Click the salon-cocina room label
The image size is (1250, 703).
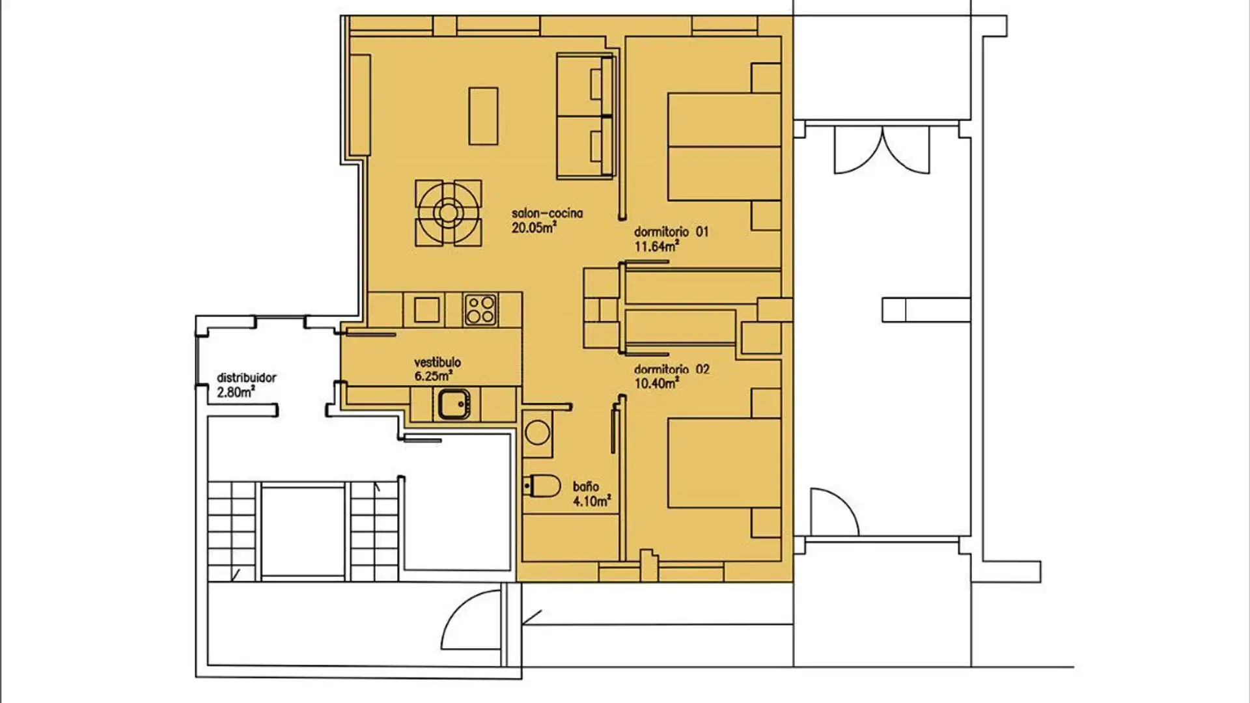click(x=547, y=214)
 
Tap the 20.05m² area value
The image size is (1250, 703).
click(x=533, y=228)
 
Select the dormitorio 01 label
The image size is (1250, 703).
click(x=671, y=232)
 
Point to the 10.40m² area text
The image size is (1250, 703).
click(x=656, y=383)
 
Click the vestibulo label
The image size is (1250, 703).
click(x=437, y=363)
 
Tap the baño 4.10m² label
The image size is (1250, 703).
click(x=591, y=494)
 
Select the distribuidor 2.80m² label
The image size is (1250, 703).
click(x=246, y=385)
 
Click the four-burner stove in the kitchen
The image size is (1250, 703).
click(x=480, y=310)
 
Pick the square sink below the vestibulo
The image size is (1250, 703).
click(x=453, y=404)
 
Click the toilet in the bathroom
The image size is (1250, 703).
click(x=543, y=486)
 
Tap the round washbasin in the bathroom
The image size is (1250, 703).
click(x=538, y=433)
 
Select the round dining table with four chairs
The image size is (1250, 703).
click(x=448, y=213)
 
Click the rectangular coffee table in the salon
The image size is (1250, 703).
click(x=483, y=116)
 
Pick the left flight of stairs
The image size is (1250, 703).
click(x=231, y=531)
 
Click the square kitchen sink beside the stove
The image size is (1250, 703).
click(x=426, y=310)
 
